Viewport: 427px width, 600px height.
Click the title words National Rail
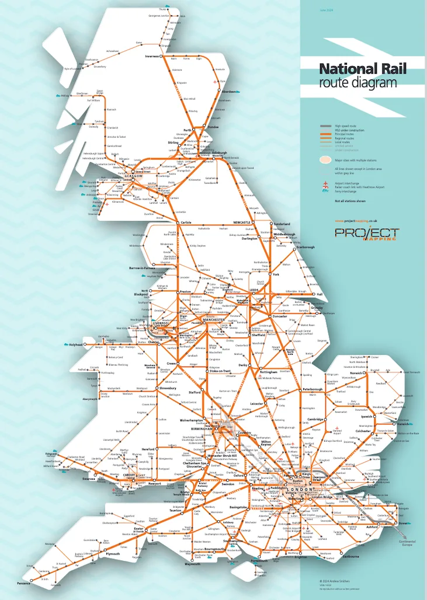tap(362, 69)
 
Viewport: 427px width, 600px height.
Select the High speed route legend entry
tap(345, 126)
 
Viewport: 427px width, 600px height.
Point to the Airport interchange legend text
tap(349, 182)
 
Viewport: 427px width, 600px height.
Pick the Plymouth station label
tap(113, 554)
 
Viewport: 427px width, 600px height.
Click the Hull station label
tap(320, 294)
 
